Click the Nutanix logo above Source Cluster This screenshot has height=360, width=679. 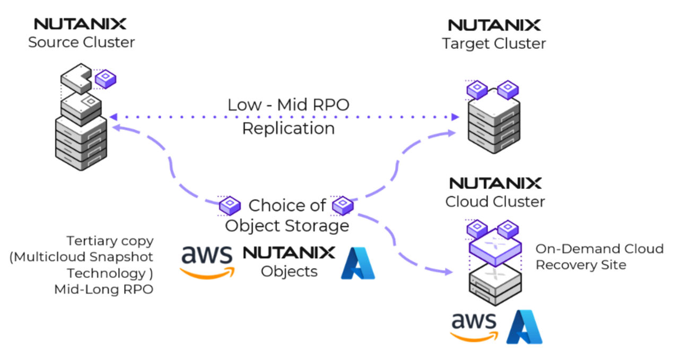[x=80, y=24]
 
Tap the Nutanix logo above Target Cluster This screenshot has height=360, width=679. [x=494, y=25]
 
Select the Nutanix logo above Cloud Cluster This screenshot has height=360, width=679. [x=495, y=183]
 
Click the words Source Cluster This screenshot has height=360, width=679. [x=82, y=42]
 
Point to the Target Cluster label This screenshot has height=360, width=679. [x=494, y=43]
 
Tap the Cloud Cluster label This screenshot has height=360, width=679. [x=495, y=202]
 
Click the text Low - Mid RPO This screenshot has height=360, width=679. [x=289, y=105]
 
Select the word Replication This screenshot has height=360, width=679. [x=289, y=128]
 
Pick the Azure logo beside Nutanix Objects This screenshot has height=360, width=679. [x=358, y=264]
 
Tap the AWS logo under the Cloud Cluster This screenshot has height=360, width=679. [x=473, y=326]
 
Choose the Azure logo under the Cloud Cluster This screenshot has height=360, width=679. [x=524, y=327]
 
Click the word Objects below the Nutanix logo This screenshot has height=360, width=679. [x=289, y=271]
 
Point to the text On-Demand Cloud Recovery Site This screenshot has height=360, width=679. [x=599, y=257]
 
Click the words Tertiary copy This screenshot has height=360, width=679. [x=110, y=241]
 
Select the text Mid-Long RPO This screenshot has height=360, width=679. [x=104, y=289]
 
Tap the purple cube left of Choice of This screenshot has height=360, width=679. [x=230, y=205]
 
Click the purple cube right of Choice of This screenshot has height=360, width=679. [x=343, y=205]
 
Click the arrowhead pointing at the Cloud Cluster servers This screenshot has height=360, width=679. [x=449, y=272]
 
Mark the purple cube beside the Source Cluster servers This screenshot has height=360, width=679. [x=106, y=78]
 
